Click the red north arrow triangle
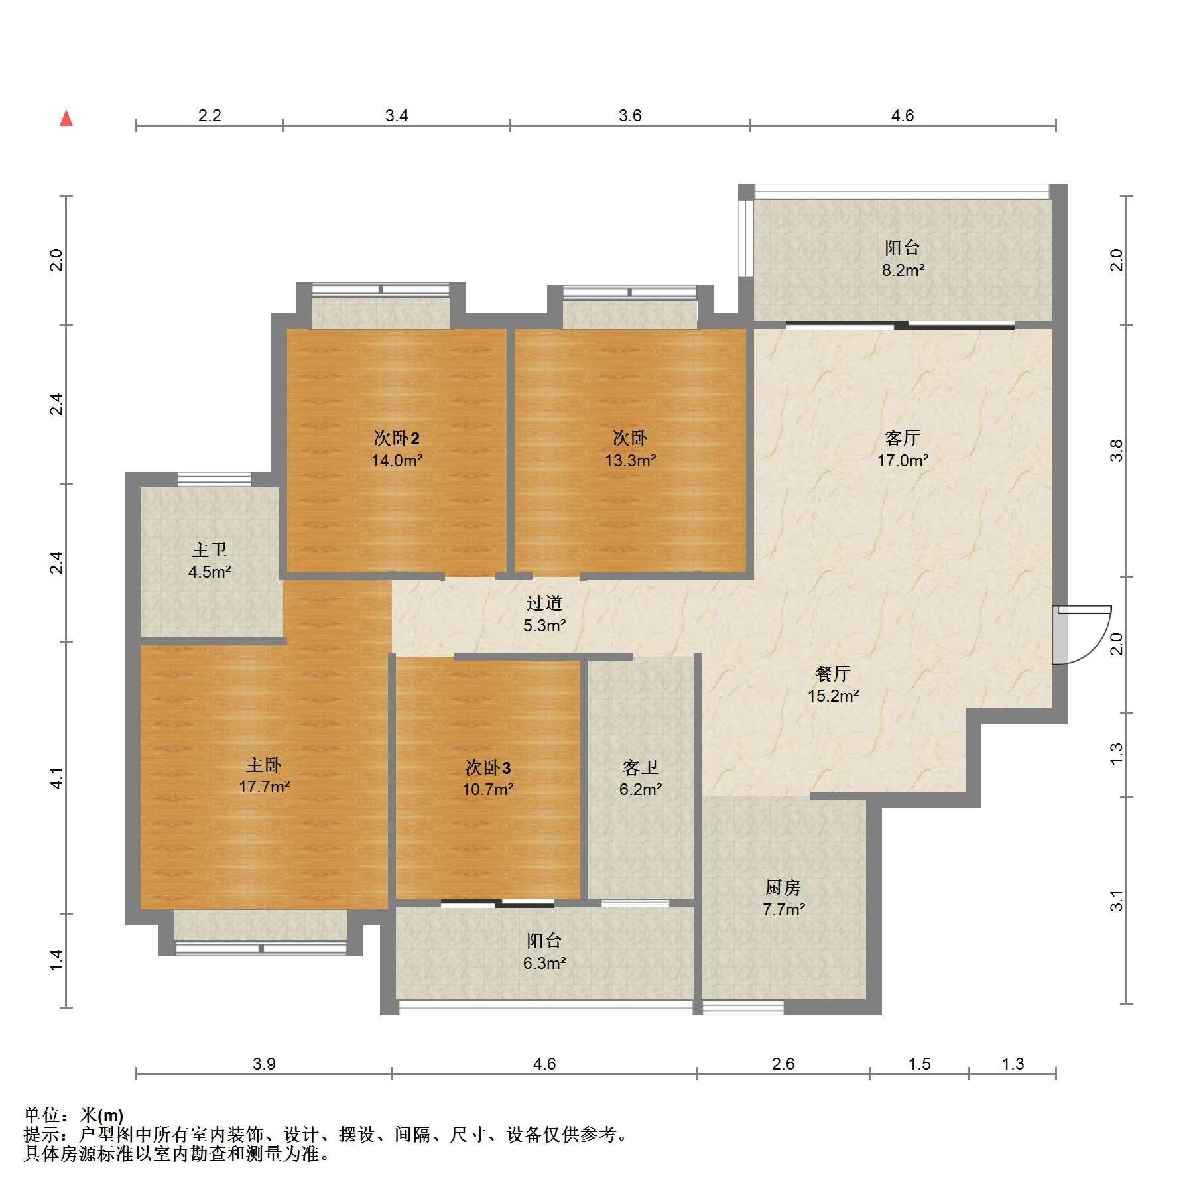(x=66, y=119)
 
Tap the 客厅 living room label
(x=902, y=438)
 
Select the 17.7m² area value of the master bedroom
(x=265, y=787)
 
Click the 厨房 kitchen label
(x=783, y=887)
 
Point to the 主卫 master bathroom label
(x=210, y=550)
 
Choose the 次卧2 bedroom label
(x=397, y=438)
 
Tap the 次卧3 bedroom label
(x=488, y=768)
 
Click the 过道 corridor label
(x=544, y=603)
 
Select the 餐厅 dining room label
(x=833, y=674)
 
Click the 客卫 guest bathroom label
(x=641, y=768)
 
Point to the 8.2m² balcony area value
(x=903, y=270)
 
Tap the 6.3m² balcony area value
(x=544, y=963)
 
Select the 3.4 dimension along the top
(x=397, y=115)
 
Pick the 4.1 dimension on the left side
(x=57, y=778)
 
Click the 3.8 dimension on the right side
(x=1117, y=451)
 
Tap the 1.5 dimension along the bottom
(x=919, y=1064)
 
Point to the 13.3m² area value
(x=631, y=460)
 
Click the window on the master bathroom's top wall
(x=214, y=479)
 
